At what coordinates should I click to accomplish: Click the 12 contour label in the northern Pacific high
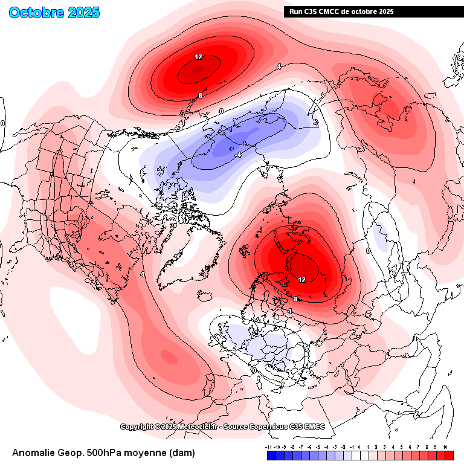198,57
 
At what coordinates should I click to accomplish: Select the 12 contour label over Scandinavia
301,279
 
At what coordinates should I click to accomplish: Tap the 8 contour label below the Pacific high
199,95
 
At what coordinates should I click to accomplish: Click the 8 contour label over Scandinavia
296,299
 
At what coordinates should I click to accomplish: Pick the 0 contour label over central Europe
254,370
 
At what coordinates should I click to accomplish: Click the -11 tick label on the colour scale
269,447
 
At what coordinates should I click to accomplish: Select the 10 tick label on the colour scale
445,447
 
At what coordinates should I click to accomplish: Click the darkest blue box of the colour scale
271,456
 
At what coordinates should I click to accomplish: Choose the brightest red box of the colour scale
449,456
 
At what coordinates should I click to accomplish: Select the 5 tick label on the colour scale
401,447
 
